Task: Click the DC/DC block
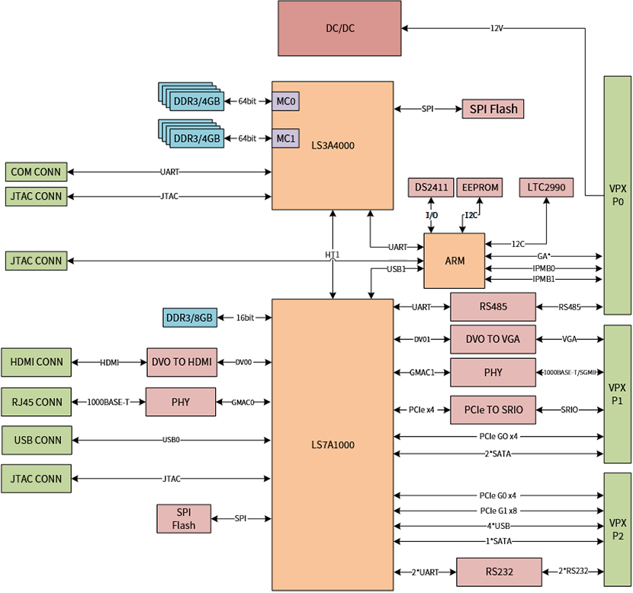pos(339,29)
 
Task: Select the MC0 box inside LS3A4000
pos(285,101)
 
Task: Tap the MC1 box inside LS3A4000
pos(285,138)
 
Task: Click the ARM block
pos(455,261)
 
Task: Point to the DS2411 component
pos(431,188)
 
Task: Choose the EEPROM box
pos(480,188)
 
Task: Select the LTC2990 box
pos(546,188)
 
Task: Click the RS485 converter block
pos(493,307)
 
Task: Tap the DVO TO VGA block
pos(493,338)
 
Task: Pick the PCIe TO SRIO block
pos(493,409)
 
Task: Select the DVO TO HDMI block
pos(181,362)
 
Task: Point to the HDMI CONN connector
pos(37,362)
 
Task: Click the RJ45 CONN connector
pos(37,402)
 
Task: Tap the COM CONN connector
pos(36,172)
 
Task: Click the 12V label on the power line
pos(497,28)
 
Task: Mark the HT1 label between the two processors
pos(333,255)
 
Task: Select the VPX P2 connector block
pos(617,529)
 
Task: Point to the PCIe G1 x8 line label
pos(498,511)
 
